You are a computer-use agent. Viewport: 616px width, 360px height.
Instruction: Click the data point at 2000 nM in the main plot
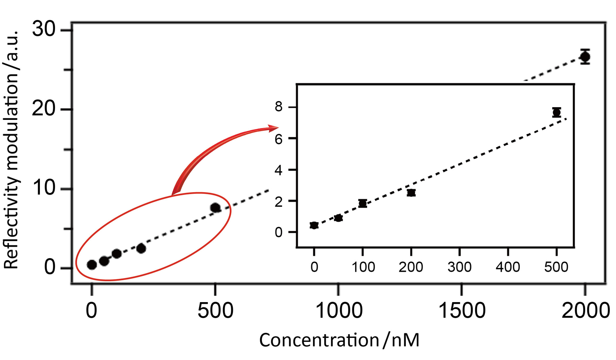tap(585, 57)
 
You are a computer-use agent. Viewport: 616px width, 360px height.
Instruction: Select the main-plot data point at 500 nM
tap(215, 208)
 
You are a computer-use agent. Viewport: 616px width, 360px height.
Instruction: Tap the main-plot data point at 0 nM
tap(92, 265)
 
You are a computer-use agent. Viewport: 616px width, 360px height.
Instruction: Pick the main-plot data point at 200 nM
tap(141, 248)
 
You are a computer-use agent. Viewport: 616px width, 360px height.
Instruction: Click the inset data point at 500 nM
tap(556, 112)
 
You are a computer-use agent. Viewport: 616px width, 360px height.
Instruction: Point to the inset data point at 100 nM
tap(363, 203)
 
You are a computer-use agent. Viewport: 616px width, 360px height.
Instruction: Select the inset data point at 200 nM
tap(411, 193)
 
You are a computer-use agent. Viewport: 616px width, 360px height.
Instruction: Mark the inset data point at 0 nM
tap(314, 225)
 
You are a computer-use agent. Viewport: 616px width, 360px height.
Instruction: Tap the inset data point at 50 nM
tap(338, 218)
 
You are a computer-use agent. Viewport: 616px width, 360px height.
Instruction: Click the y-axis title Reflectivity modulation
tap(11, 150)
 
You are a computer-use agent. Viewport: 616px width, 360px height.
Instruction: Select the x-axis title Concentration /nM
tap(339, 340)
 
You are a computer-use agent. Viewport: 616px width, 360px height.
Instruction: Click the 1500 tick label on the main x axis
tap(462, 311)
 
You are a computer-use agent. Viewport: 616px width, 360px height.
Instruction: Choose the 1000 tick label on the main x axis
tap(339, 311)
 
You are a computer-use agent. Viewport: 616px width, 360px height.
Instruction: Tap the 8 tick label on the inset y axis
tap(279, 107)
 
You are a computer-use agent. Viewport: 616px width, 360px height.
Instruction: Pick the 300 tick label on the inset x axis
tap(460, 267)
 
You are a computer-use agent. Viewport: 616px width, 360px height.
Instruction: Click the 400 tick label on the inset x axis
tap(508, 267)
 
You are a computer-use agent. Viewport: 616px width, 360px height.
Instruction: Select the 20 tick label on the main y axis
tap(44, 109)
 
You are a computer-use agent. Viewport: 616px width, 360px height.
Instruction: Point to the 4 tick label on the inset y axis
tap(279, 170)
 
